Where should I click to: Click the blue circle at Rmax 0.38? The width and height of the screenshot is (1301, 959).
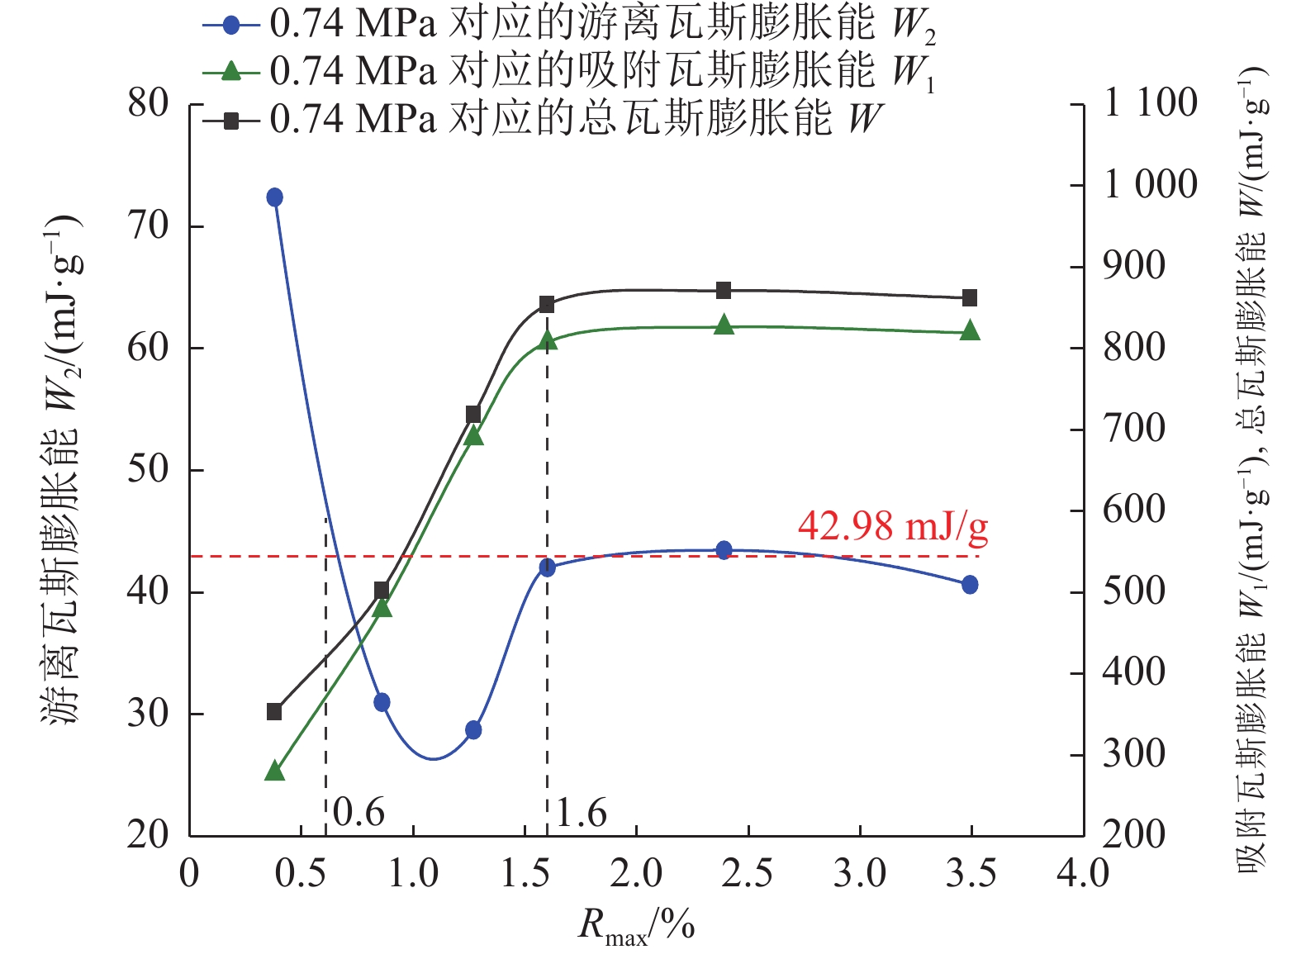tap(275, 197)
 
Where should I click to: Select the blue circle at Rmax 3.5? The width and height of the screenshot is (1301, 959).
tap(970, 585)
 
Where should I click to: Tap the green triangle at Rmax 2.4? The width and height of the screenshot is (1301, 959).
tap(724, 325)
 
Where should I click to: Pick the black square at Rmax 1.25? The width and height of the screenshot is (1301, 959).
tap(473, 414)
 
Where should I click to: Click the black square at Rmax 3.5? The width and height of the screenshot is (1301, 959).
tap(970, 297)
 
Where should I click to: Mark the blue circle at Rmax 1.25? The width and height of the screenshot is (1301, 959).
tap(473, 730)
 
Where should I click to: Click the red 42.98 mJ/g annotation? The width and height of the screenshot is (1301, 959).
tap(892, 526)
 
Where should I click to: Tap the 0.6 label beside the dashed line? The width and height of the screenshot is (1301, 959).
tap(359, 813)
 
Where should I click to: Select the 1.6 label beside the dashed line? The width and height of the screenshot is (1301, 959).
tap(582, 813)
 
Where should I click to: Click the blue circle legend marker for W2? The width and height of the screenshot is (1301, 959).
tap(231, 26)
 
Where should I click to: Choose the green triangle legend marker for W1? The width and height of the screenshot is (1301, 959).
tap(231, 72)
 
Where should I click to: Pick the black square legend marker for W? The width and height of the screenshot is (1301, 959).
tap(231, 121)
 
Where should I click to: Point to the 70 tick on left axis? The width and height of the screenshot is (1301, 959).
tap(148, 226)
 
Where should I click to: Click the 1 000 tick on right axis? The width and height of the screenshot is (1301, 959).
tap(1150, 185)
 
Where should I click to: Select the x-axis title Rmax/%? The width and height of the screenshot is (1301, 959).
tap(636, 925)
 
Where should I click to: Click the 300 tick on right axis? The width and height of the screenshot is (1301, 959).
tap(1133, 754)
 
